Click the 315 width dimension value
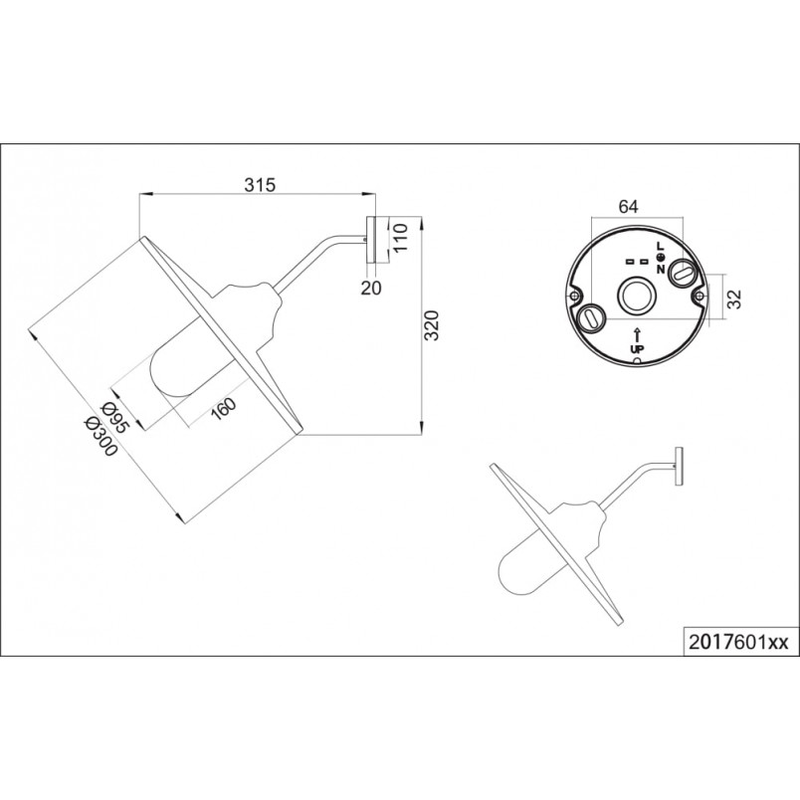(260, 185)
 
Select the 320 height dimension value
(432, 325)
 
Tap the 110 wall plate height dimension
(402, 237)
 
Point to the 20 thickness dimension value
(371, 289)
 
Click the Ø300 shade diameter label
(101, 436)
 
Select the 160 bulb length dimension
(224, 408)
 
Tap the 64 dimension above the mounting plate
(628, 206)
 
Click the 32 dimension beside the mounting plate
(733, 299)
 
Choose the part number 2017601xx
(738, 642)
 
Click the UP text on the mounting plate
(637, 349)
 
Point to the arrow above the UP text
(637, 335)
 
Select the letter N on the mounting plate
(661, 269)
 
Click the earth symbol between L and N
(661, 258)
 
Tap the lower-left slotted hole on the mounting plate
(591, 318)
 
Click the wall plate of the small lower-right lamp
(679, 467)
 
